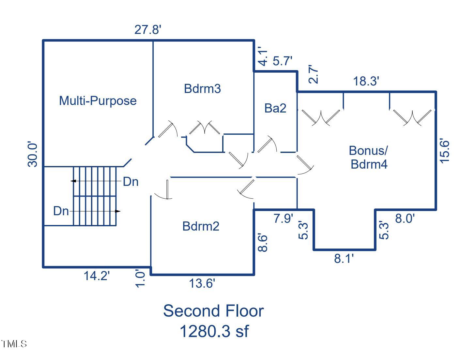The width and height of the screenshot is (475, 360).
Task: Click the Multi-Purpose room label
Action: (x=98, y=100)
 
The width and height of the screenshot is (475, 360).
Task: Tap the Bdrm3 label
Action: (x=202, y=88)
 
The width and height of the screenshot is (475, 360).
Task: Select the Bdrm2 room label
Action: (x=201, y=226)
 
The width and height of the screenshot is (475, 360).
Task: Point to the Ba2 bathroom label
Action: (x=275, y=108)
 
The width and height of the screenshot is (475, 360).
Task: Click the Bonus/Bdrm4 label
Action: (x=369, y=157)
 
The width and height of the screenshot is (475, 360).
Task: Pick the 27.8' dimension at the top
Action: (x=148, y=30)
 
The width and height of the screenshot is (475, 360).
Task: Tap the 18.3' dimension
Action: (x=366, y=81)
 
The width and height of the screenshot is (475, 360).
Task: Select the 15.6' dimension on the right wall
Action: (x=445, y=151)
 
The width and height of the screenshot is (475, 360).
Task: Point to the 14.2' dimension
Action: (x=97, y=276)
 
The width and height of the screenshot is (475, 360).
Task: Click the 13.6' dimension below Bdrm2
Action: (x=202, y=284)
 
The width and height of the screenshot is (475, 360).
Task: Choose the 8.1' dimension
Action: (x=344, y=259)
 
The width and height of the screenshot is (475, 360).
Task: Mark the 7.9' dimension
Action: (x=283, y=218)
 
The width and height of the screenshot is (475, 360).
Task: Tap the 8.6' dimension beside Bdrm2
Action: (x=263, y=242)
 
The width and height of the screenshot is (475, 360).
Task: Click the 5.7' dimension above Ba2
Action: (x=282, y=61)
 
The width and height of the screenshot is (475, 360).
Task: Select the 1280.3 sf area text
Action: (x=214, y=331)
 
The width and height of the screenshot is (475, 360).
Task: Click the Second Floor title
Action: (x=213, y=311)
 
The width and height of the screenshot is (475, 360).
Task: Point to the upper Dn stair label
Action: (x=130, y=182)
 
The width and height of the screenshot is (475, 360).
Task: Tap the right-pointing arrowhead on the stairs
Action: (x=118, y=211)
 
